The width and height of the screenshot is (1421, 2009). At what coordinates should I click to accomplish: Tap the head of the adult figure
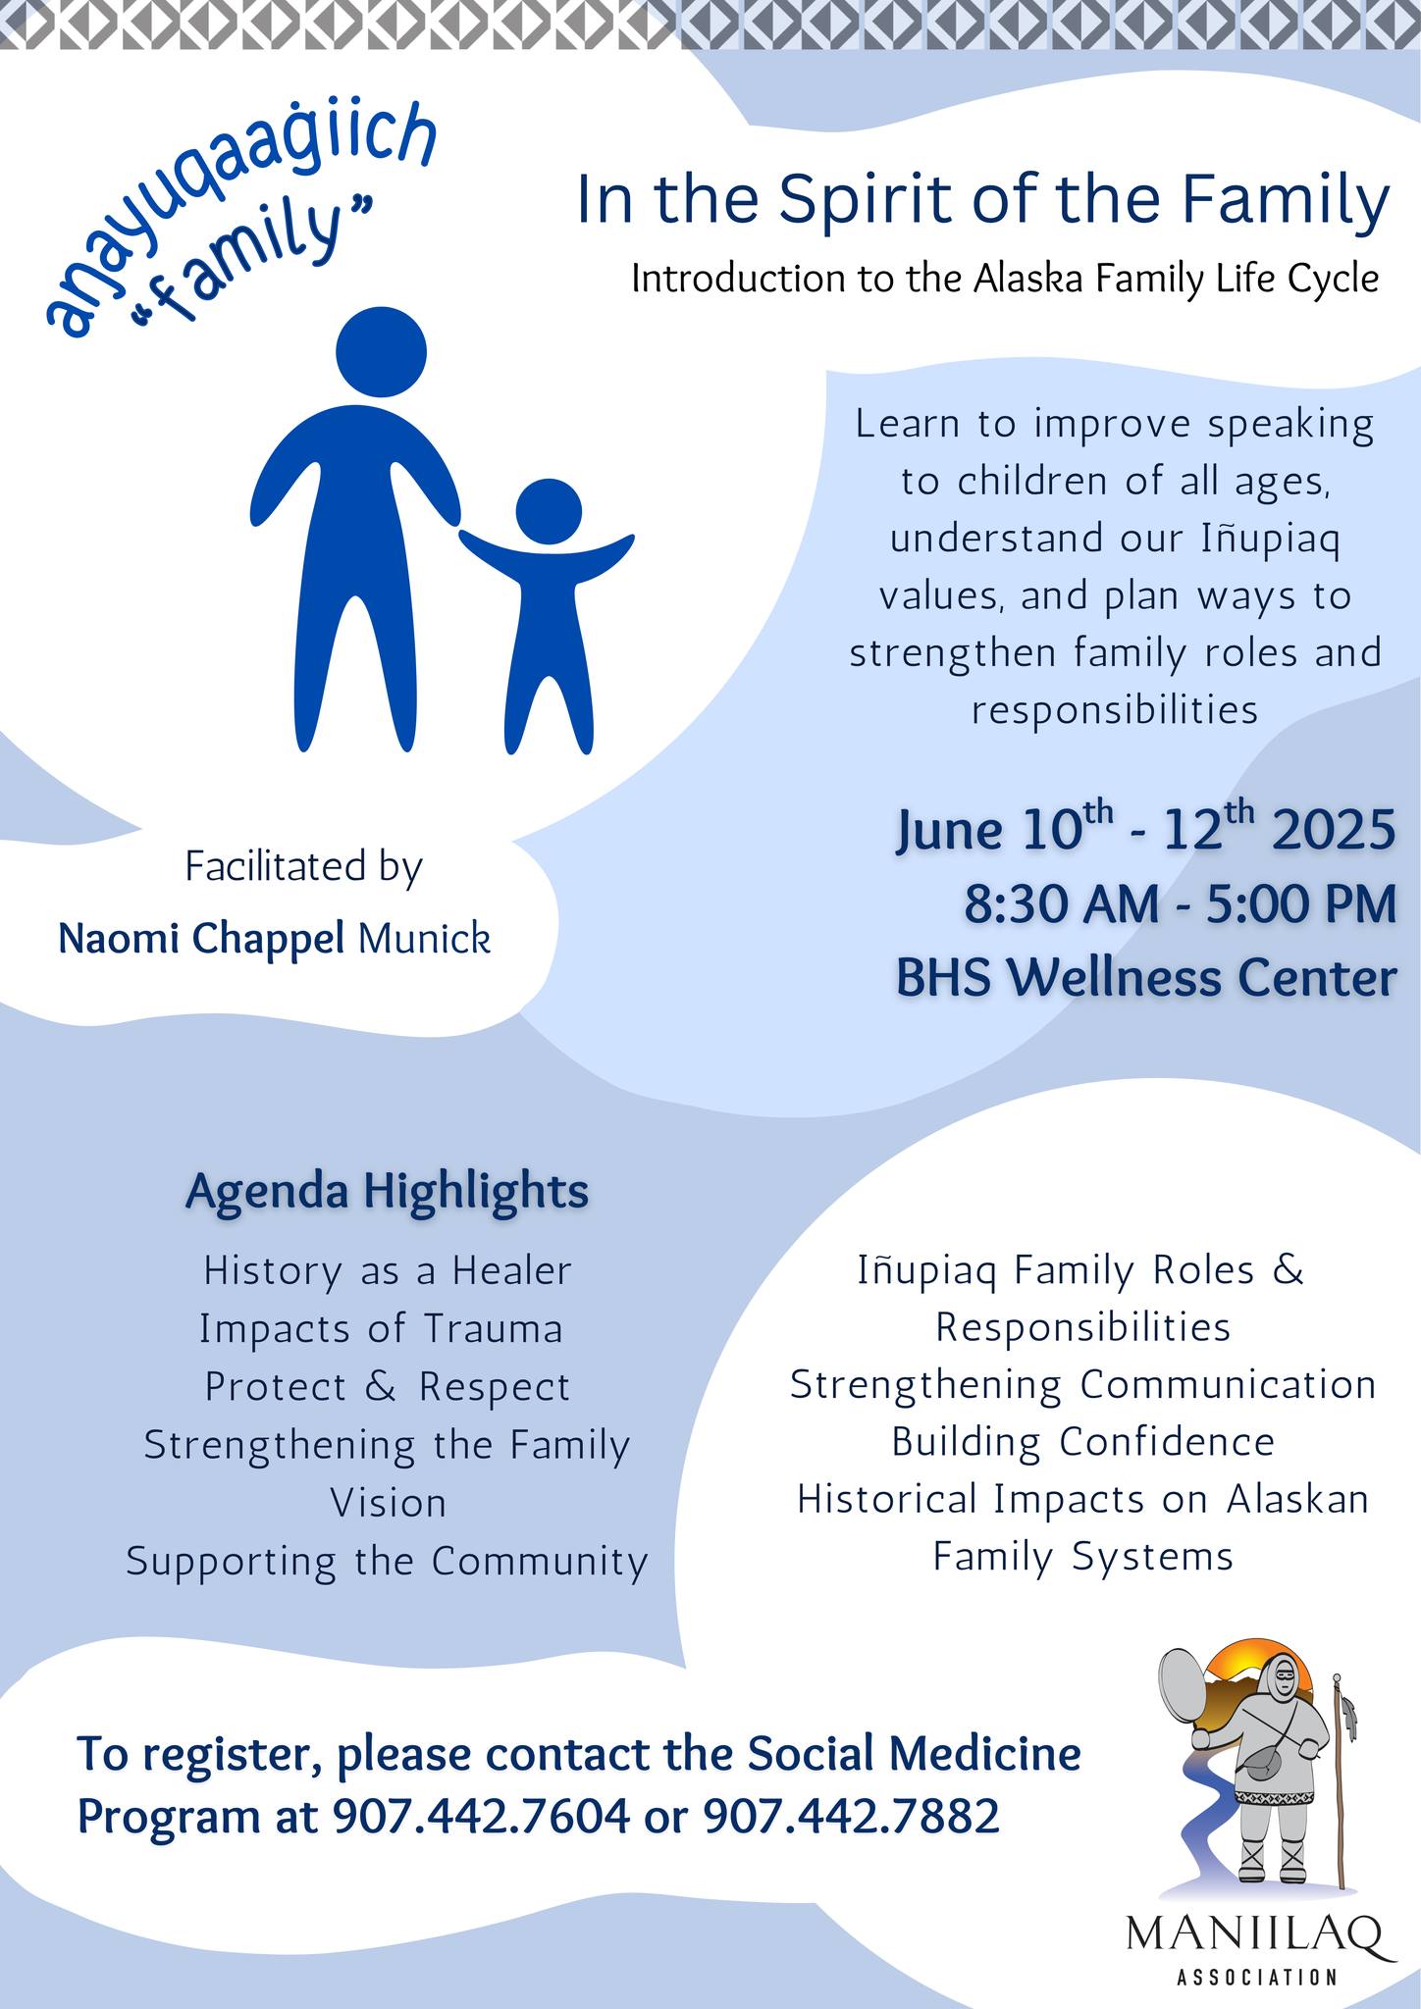381,351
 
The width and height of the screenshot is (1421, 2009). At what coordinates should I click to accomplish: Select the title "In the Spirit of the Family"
982,200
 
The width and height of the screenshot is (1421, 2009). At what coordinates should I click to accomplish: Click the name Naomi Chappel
201,939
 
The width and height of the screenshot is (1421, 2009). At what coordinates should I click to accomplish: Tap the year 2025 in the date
1334,830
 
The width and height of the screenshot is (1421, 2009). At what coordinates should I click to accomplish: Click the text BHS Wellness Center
1145,978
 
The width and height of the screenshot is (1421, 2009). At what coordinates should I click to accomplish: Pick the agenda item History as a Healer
388,1271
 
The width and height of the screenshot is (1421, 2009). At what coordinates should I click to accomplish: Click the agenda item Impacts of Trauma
382,1329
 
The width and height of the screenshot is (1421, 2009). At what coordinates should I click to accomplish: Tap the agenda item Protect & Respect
388,1387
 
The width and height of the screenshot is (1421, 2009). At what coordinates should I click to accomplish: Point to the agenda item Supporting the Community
388,1562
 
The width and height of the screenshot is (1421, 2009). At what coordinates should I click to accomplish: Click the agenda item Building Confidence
1083,1442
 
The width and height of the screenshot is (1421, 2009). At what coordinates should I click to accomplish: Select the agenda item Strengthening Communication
1083,1385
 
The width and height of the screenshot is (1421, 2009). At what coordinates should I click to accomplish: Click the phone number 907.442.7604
482,1817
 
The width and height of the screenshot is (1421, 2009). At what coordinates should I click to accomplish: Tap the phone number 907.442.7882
852,1817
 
